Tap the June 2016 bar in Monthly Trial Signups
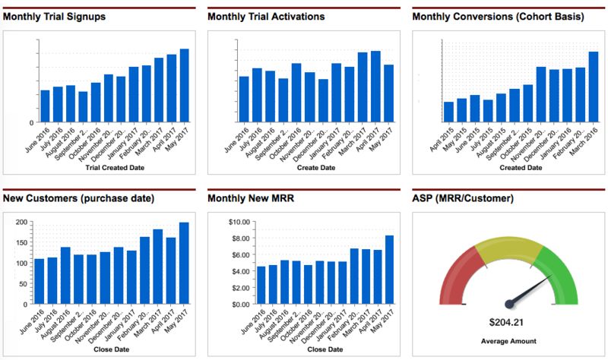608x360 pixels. tap(45, 106)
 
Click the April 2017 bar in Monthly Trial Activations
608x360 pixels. tap(375, 86)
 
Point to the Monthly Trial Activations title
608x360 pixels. tap(265, 16)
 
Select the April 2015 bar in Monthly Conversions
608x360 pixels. tap(449, 111)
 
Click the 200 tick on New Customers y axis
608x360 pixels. tap(21, 222)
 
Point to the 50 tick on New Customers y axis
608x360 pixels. tap(23, 283)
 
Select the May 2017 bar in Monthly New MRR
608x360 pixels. tap(389, 269)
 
